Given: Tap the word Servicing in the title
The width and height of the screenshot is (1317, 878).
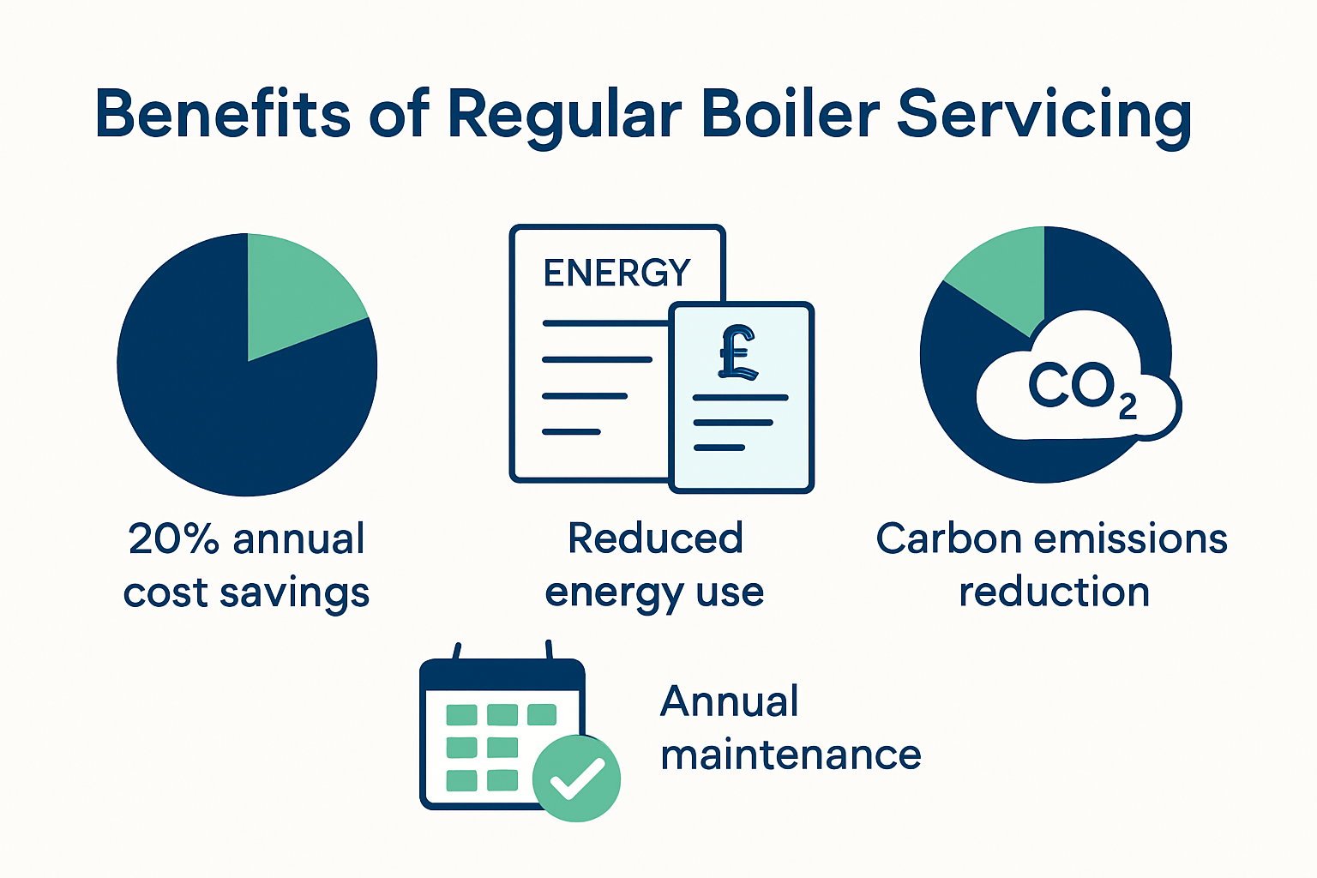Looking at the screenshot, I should pyautogui.click(x=1043, y=116).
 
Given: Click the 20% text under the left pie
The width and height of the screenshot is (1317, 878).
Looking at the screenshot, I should pyautogui.click(x=173, y=539).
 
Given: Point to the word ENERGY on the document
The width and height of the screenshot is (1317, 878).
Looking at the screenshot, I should pyautogui.click(x=616, y=273).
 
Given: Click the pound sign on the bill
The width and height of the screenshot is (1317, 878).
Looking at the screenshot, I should pyautogui.click(x=737, y=352).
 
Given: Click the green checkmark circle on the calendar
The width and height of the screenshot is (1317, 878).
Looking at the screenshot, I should pyautogui.click(x=576, y=779).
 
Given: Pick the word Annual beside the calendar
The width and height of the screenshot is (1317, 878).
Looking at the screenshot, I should pyautogui.click(x=729, y=701).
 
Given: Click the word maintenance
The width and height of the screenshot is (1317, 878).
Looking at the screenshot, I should pyautogui.click(x=791, y=755).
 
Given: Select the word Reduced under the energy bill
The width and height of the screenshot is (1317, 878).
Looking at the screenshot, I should pyautogui.click(x=655, y=539).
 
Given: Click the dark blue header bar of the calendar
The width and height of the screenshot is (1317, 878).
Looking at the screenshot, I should pyautogui.click(x=502, y=675).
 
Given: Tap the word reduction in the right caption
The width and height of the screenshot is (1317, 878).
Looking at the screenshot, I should pyautogui.click(x=1054, y=592).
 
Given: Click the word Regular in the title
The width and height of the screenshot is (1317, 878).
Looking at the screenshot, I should pyautogui.click(x=564, y=116).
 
